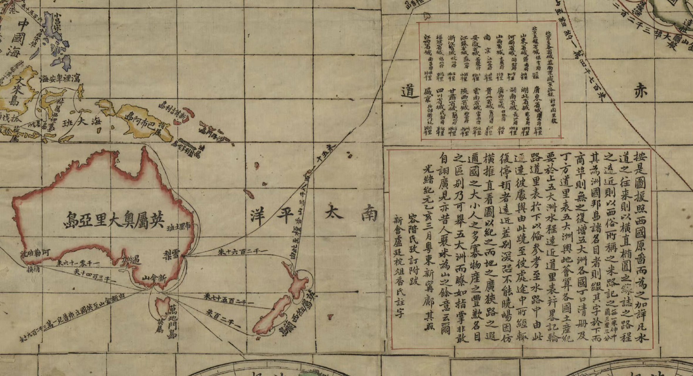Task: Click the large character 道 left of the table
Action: click(x=409, y=93)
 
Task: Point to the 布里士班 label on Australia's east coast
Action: click(x=179, y=228)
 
